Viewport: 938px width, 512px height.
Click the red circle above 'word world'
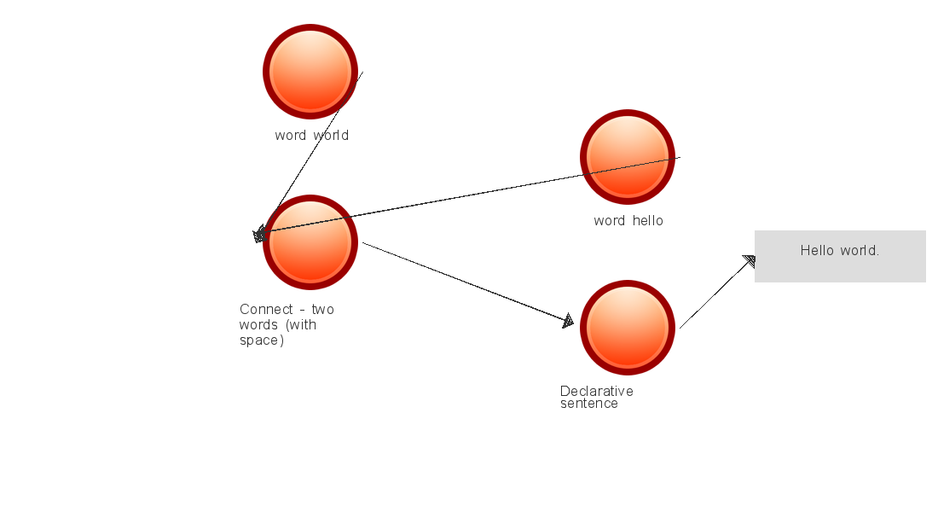[310, 72]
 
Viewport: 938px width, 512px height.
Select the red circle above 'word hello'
[628, 157]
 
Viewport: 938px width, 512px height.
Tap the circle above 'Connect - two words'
[310, 242]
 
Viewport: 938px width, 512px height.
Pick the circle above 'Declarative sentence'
[628, 328]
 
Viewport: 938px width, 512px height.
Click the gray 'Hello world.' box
[840, 256]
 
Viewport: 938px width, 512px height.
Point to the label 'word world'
[312, 136]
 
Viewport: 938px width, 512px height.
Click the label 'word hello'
[628, 221]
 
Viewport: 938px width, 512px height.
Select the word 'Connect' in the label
[266, 310]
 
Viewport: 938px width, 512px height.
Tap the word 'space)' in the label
[261, 340]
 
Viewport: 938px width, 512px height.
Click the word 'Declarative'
[597, 391]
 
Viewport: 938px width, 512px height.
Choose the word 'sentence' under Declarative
[589, 404]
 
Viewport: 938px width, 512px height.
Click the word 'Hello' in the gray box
[815, 251]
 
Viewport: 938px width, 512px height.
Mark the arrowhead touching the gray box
[750, 260]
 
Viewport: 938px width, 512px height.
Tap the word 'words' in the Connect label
[258, 325]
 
